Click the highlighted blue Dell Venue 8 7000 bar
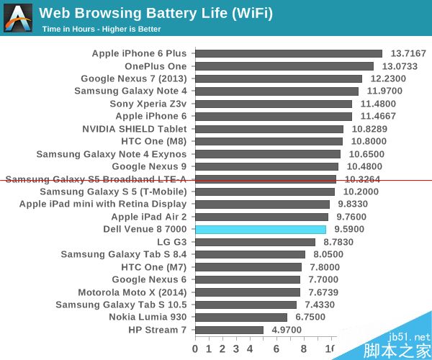click(x=261, y=229)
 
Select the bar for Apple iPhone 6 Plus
click(x=289, y=53)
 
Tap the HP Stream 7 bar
click(x=229, y=330)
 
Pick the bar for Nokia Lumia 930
click(x=241, y=317)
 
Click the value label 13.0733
click(x=399, y=66)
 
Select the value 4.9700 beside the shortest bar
click(x=287, y=330)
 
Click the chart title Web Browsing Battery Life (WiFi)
click(x=156, y=13)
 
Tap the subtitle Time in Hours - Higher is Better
click(x=101, y=30)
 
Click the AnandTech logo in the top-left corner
click(x=18, y=18)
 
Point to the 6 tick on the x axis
click(x=277, y=349)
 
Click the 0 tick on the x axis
click(x=195, y=349)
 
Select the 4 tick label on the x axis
click(x=250, y=349)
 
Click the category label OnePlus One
click(x=156, y=66)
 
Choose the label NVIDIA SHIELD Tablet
click(x=135, y=129)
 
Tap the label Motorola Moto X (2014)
click(x=132, y=292)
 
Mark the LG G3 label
click(x=172, y=242)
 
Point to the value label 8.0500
click(x=328, y=254)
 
